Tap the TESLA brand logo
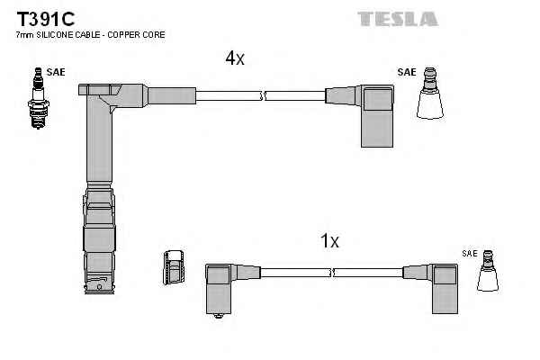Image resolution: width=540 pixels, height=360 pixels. pyautogui.click(x=397, y=18)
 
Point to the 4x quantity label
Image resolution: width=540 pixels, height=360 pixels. pyautogui.click(x=235, y=58)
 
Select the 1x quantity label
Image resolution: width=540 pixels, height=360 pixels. pyautogui.click(x=329, y=240)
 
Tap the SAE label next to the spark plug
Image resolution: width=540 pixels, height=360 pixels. pyautogui.click(x=56, y=72)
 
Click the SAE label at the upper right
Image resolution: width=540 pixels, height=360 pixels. pyautogui.click(x=407, y=72)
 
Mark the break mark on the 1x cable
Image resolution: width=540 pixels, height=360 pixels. pyautogui.click(x=333, y=271)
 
